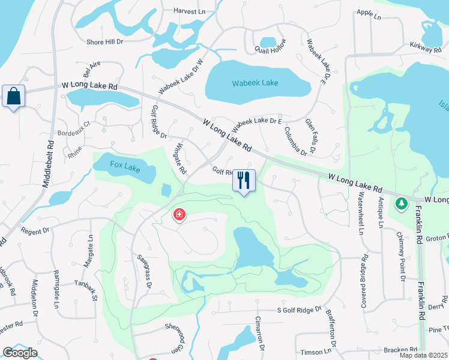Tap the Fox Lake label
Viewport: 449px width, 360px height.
click(x=125, y=166)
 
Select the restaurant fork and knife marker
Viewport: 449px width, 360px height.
click(x=244, y=180)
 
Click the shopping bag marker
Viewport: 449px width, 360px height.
click(x=13, y=96)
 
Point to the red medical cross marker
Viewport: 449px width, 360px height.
click(x=178, y=214)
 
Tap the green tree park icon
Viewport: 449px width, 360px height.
click(x=401, y=204)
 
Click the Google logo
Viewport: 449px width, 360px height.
click(x=20, y=352)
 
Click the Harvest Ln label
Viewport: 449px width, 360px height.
click(x=189, y=11)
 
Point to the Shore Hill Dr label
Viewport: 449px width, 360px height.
click(x=104, y=42)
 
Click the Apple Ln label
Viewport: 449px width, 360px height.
click(x=369, y=14)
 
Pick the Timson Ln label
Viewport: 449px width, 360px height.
click(x=316, y=352)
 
